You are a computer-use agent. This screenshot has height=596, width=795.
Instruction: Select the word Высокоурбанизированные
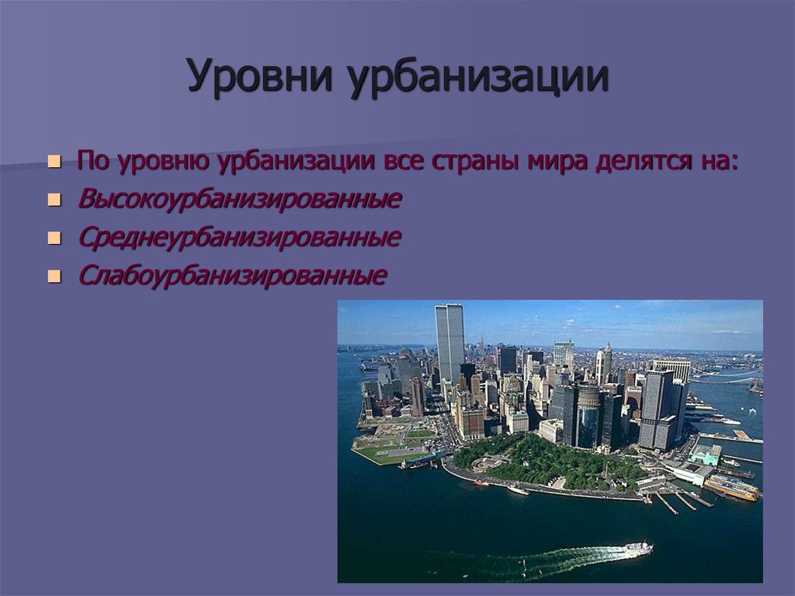(239, 200)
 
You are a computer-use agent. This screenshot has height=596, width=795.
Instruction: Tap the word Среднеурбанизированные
(239, 238)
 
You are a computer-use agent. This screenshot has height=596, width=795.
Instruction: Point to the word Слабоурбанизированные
(231, 276)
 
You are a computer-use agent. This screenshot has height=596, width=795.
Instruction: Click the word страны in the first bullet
(477, 162)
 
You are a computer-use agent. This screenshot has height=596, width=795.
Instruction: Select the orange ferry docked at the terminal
(731, 487)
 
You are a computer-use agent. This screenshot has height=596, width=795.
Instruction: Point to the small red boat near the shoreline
(481, 483)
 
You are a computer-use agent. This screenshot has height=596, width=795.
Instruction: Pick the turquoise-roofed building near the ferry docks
(706, 455)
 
